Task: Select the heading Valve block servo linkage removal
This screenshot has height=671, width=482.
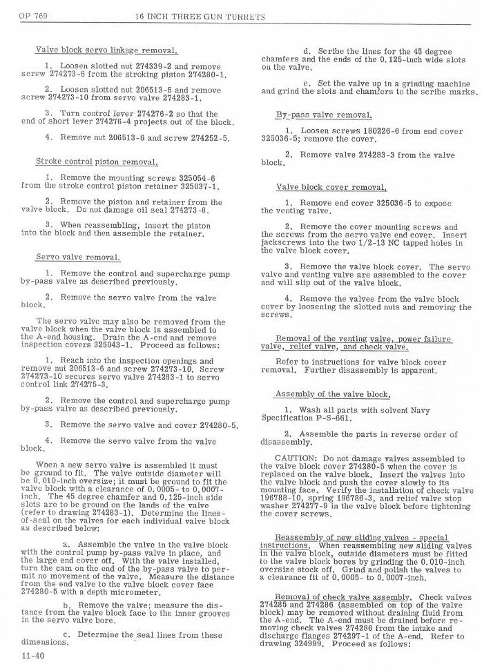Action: pyautogui.click(x=107, y=50)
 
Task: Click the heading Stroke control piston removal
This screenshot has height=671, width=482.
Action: pyautogui.click(x=97, y=162)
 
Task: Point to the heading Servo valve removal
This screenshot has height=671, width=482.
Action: pyautogui.click(x=78, y=257)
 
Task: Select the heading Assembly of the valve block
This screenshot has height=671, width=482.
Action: pyautogui.click(x=332, y=394)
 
